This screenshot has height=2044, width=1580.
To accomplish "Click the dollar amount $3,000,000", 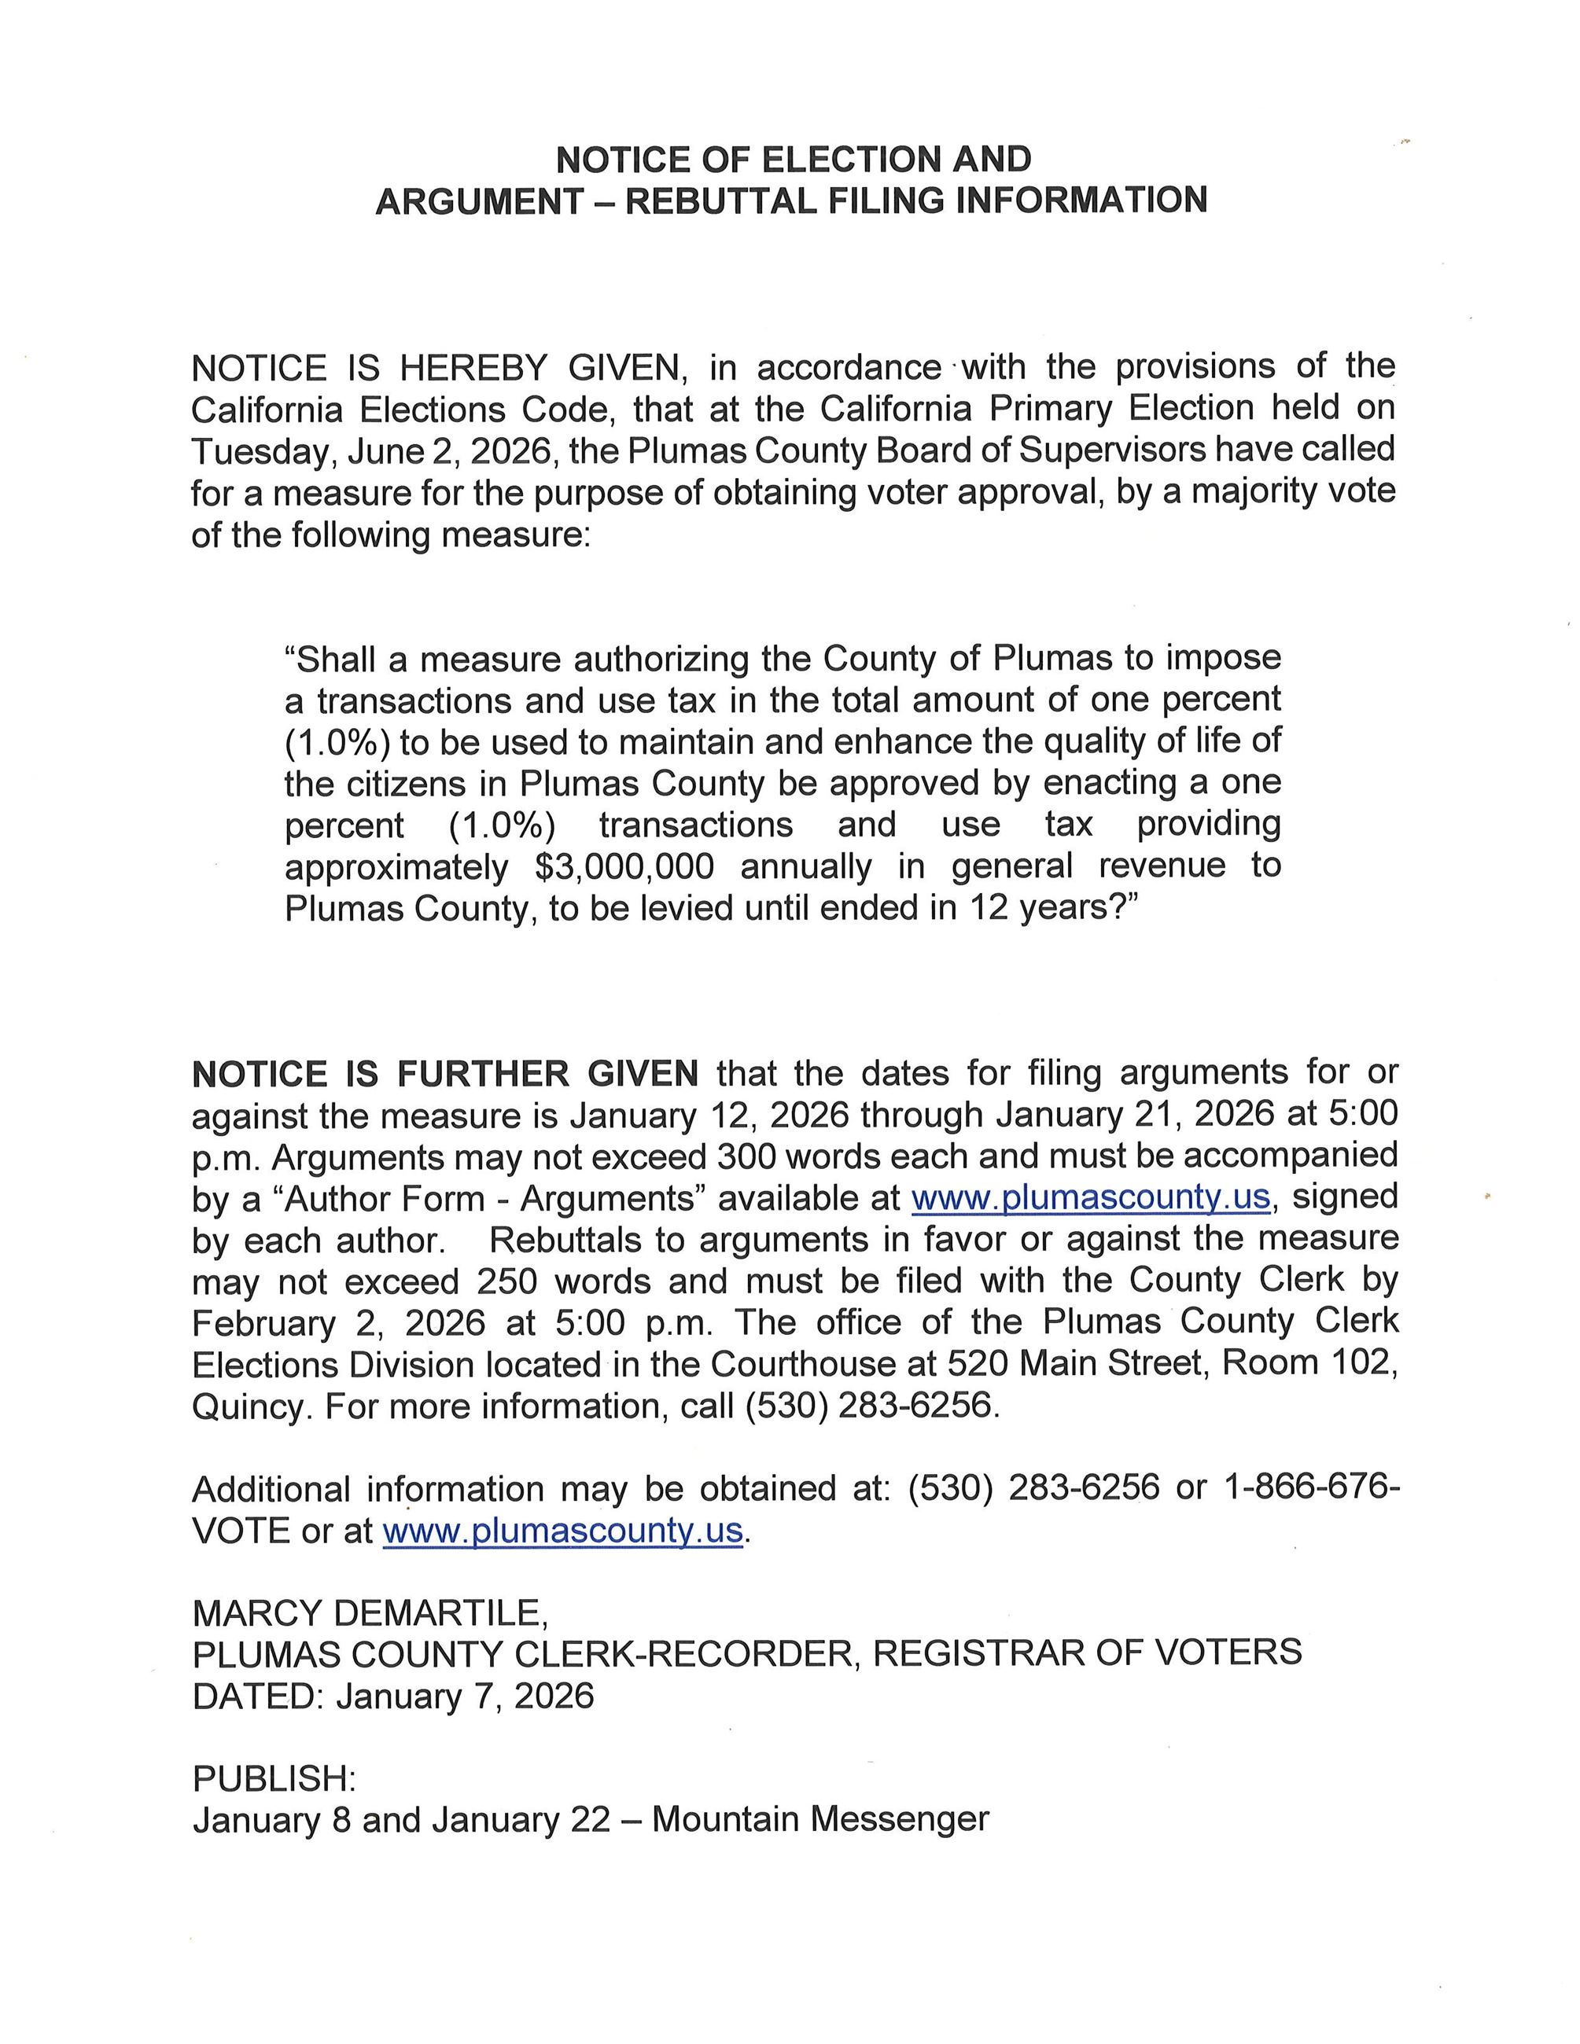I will click(624, 866).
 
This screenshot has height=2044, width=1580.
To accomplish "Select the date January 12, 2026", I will click(709, 1115).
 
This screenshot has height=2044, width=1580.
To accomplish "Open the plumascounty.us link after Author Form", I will click(1091, 1197).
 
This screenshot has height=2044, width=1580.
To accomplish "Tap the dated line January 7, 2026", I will click(464, 1696).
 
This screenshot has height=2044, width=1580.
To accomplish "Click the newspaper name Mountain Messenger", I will click(820, 1819).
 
